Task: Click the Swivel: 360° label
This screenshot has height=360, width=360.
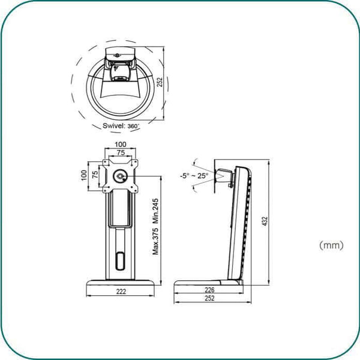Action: coord(121,126)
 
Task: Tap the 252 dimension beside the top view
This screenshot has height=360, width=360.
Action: coord(160,82)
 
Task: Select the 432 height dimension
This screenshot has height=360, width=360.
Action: coord(265,221)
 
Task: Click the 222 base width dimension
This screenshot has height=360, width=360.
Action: coord(121,292)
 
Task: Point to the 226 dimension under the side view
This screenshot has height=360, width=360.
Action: coord(209,290)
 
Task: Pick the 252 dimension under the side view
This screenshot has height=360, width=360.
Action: coord(209,298)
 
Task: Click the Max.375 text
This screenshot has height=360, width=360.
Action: coord(155,241)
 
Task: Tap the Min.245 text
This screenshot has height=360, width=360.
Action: coord(155,211)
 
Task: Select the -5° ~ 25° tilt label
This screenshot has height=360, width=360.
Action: coord(194,176)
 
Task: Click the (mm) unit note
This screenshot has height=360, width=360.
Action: coord(331,245)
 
